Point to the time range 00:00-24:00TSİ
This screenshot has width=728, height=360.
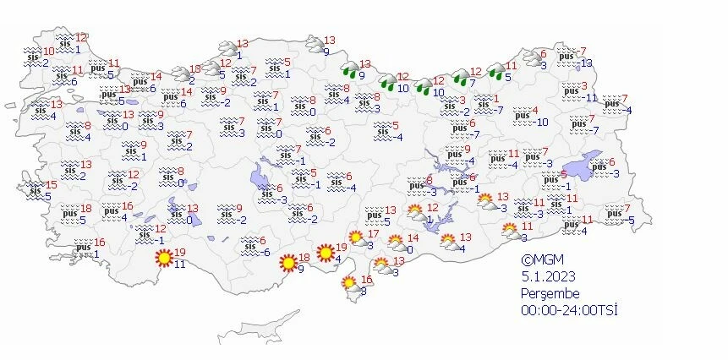click(x=570, y=310)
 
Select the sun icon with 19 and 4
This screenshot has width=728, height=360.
click(x=325, y=252)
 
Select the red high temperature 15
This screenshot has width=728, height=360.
click(x=51, y=184)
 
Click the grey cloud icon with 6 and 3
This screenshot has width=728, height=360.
click(x=533, y=61)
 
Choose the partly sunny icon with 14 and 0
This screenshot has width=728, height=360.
click(x=395, y=243)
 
